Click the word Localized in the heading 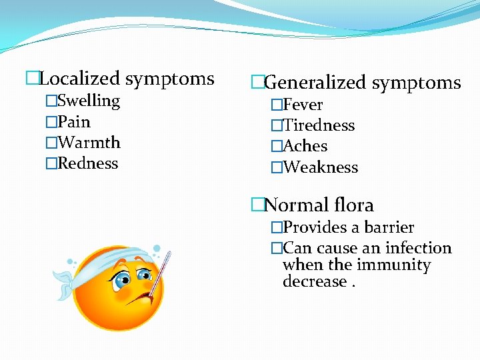point(80,79)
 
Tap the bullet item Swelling point(89,101)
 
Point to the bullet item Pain point(74,122)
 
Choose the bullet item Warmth point(89,143)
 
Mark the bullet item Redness point(88,163)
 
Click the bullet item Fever point(303,105)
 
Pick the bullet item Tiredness point(319,125)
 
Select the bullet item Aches point(305,146)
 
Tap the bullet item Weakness point(321,167)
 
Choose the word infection point(419,249)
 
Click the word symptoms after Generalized point(416,83)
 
